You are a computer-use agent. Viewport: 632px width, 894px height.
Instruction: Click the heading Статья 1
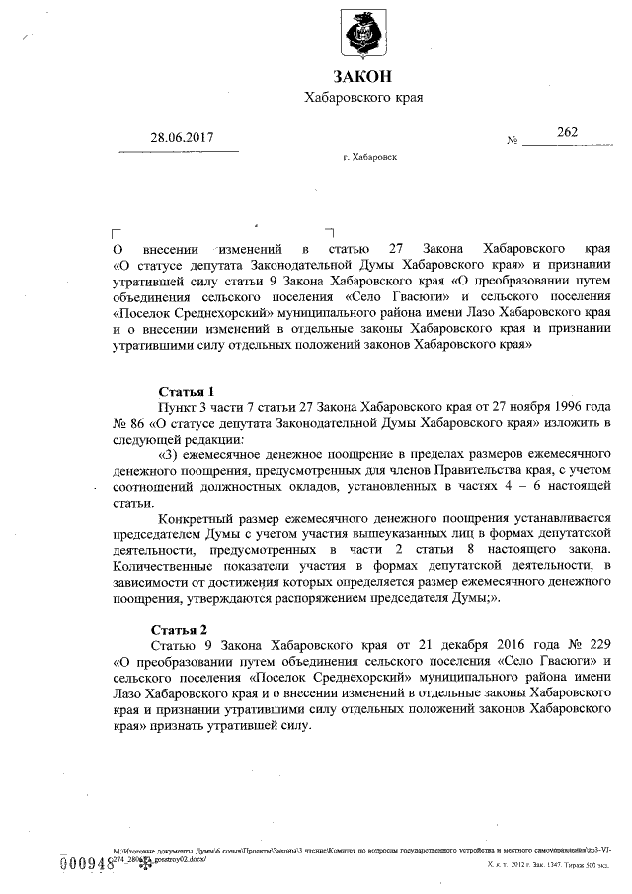[x=185, y=391]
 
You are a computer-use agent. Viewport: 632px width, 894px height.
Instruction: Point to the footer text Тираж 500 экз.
[x=583, y=864]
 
